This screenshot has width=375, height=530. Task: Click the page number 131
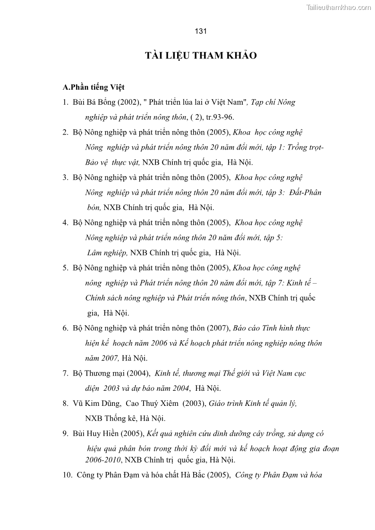click(x=201, y=31)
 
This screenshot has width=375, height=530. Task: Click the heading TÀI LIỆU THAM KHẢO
click(x=201, y=56)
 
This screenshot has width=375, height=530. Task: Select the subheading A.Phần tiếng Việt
click(x=94, y=87)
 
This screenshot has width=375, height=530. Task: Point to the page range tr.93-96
click(x=220, y=117)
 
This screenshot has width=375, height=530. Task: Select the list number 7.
click(x=65, y=373)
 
